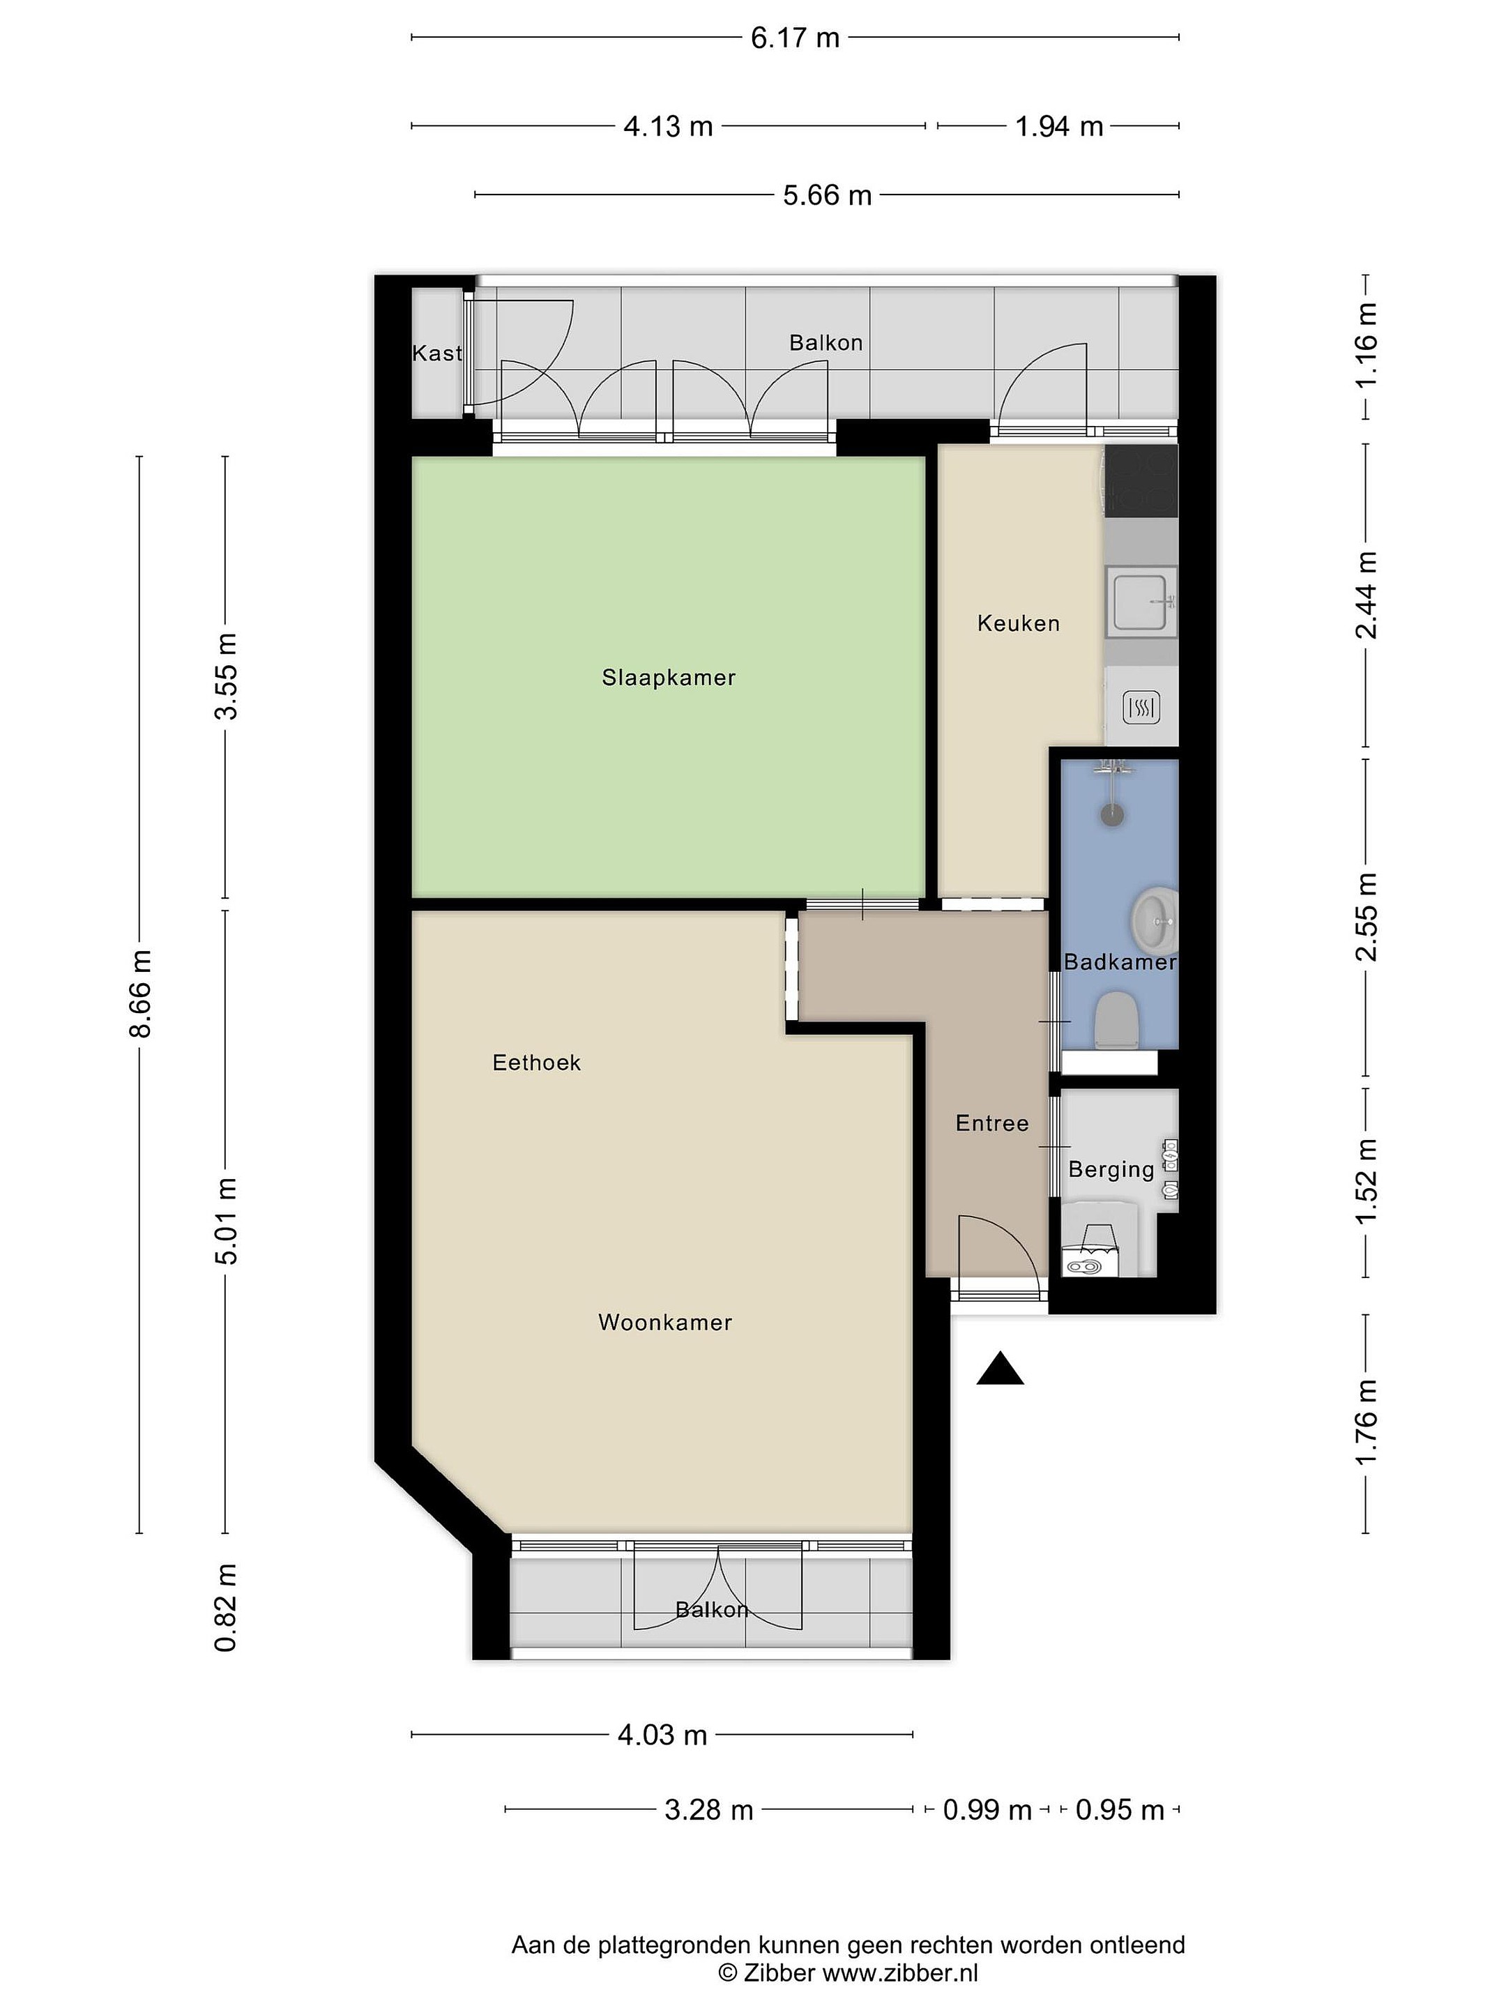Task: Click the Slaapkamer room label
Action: click(x=668, y=677)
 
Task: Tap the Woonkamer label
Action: click(x=664, y=1323)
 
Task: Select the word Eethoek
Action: click(x=535, y=1062)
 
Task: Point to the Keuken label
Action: click(x=1019, y=623)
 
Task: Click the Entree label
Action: click(x=992, y=1123)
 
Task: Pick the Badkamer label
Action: click(x=1120, y=962)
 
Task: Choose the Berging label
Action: click(x=1111, y=1170)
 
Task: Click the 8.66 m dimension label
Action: click(x=140, y=994)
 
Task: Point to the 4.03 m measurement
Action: click(x=662, y=1735)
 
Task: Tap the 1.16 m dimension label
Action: click(x=1366, y=346)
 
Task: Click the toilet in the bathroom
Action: click(x=1116, y=1019)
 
